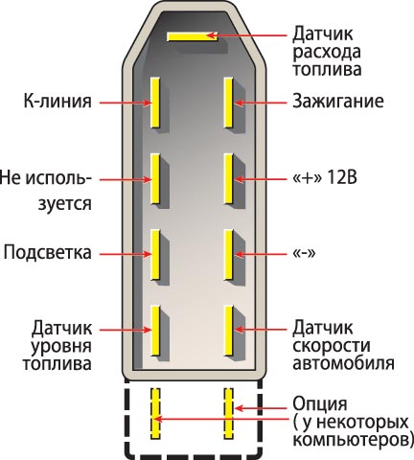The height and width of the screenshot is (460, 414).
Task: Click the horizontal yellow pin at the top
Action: pyautogui.click(x=193, y=36)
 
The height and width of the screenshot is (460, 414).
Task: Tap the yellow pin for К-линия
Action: pyautogui.click(x=155, y=103)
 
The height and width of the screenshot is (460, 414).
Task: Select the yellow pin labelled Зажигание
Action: pyautogui.click(x=228, y=103)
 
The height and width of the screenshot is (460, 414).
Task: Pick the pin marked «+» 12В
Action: pyautogui.click(x=228, y=179)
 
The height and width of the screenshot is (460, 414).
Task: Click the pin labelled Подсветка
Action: pyautogui.click(x=155, y=255)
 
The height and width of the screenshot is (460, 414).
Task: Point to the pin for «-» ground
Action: pyautogui.click(x=228, y=255)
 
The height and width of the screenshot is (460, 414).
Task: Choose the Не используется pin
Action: pyautogui.click(x=155, y=179)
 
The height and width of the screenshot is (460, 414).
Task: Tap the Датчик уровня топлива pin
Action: pyautogui.click(x=155, y=331)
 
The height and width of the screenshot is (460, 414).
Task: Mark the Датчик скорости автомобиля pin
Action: pyautogui.click(x=228, y=331)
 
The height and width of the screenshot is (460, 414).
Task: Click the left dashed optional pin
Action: pyautogui.click(x=155, y=413)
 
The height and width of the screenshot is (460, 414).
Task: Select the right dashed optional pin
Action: pyautogui.click(x=228, y=413)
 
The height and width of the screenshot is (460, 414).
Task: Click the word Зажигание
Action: pyautogui.click(x=338, y=101)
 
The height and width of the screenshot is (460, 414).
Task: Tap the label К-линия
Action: pyautogui.click(x=57, y=101)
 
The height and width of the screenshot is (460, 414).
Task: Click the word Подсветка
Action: pyautogui.click(x=48, y=252)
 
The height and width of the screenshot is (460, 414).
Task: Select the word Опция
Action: pyautogui.click(x=320, y=404)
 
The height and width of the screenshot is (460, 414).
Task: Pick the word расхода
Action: pyautogui.click(x=327, y=53)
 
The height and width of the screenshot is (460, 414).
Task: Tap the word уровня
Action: pyautogui.click(x=61, y=347)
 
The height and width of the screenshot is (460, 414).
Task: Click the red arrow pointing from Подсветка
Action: pyautogui.click(x=126, y=254)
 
